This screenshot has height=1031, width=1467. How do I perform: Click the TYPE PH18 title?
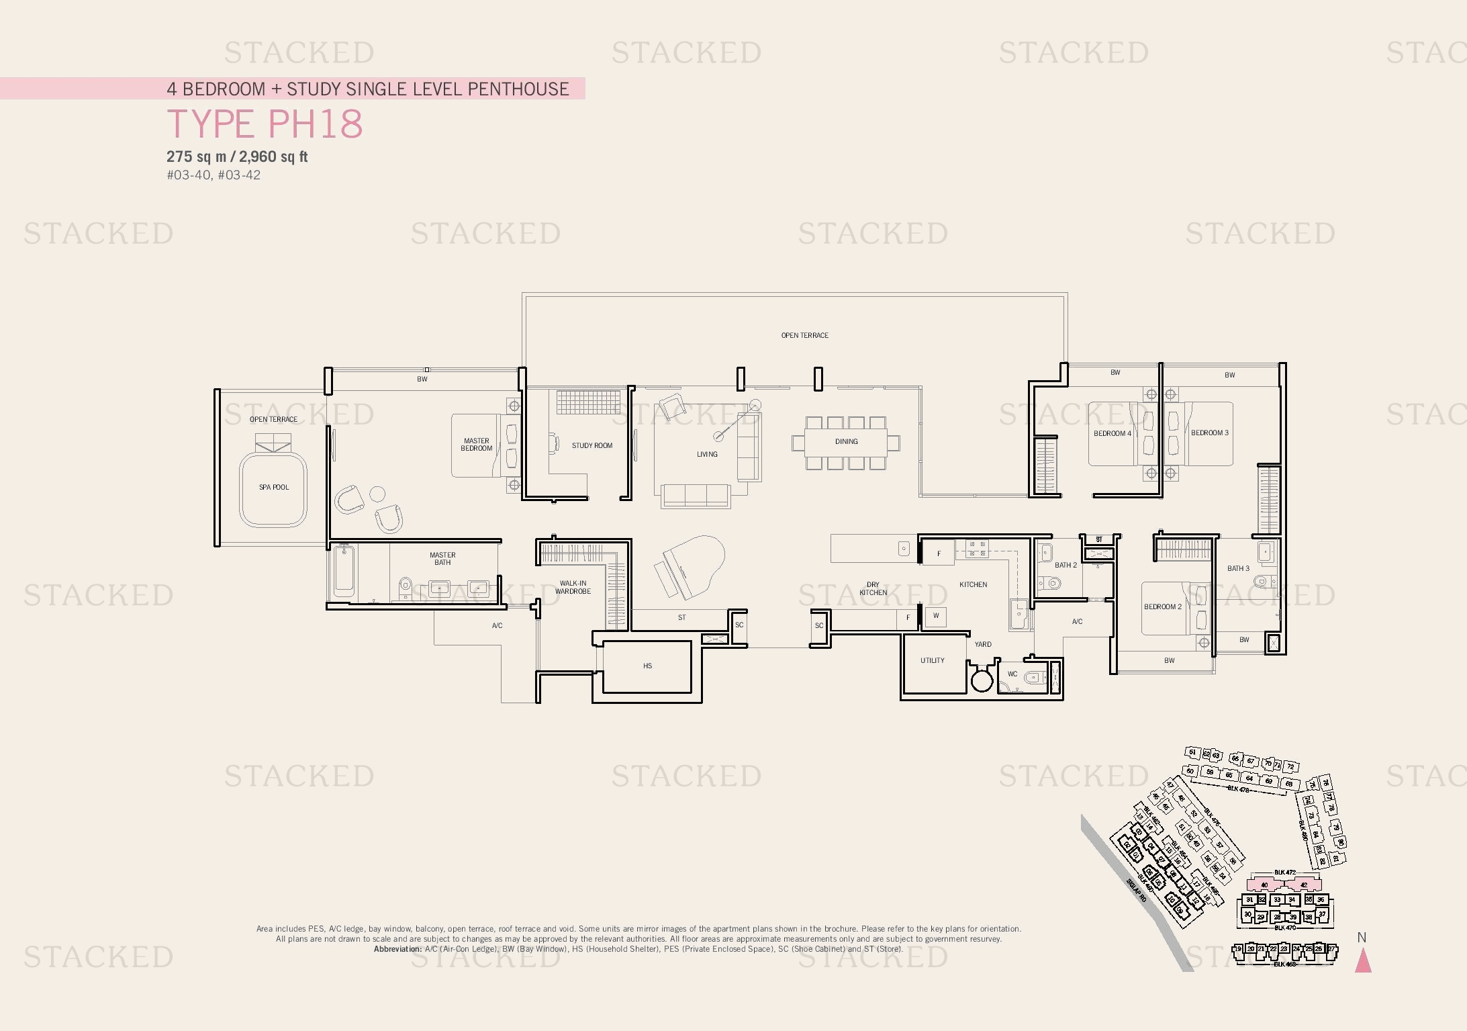pyautogui.click(x=265, y=124)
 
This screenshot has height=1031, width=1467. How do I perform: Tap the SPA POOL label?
pyautogui.click(x=274, y=487)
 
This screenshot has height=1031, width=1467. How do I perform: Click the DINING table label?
pyautogui.click(x=846, y=441)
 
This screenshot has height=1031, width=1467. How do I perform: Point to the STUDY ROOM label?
pyautogui.click(x=591, y=445)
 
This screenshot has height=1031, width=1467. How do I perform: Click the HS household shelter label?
pyautogui.click(x=647, y=666)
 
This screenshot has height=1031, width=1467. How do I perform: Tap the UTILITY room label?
pyautogui.click(x=932, y=660)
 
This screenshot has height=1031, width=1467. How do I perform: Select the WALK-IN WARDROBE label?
pyautogui.click(x=573, y=587)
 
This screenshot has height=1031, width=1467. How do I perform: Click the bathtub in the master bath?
pyautogui.click(x=344, y=572)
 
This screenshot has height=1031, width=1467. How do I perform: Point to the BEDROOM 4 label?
pyautogui.click(x=1112, y=433)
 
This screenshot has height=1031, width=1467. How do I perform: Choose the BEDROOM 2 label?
pyautogui.click(x=1162, y=607)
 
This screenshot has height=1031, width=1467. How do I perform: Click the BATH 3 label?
pyautogui.click(x=1238, y=568)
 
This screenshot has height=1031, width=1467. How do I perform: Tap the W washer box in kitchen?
pyautogui.click(x=936, y=616)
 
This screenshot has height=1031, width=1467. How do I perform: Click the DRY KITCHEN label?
pyautogui.click(x=873, y=588)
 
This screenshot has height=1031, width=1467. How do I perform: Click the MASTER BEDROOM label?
pyautogui.click(x=476, y=445)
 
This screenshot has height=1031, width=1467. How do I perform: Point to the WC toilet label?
pyautogui.click(x=1012, y=674)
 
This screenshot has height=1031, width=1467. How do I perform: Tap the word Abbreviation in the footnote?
pyautogui.click(x=397, y=949)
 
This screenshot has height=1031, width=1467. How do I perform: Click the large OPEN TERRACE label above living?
pyautogui.click(x=804, y=335)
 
